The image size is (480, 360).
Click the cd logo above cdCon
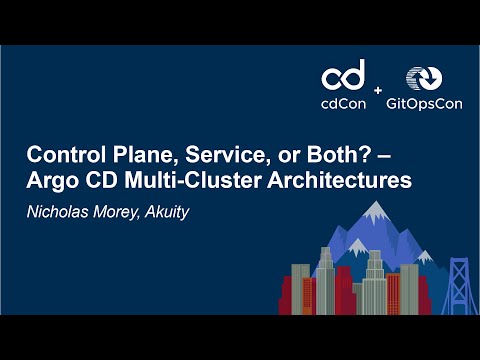(343, 79)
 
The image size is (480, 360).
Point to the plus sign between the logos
(378, 91)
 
